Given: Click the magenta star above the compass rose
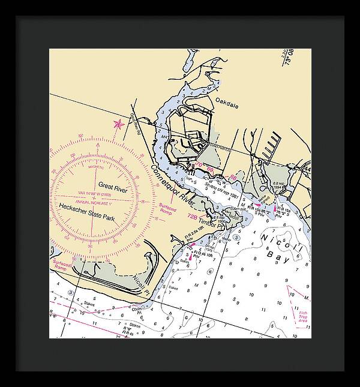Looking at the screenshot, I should click(118, 125).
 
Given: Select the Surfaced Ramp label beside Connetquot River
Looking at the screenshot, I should click(167, 208).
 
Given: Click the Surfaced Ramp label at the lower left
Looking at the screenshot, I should click(62, 264).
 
